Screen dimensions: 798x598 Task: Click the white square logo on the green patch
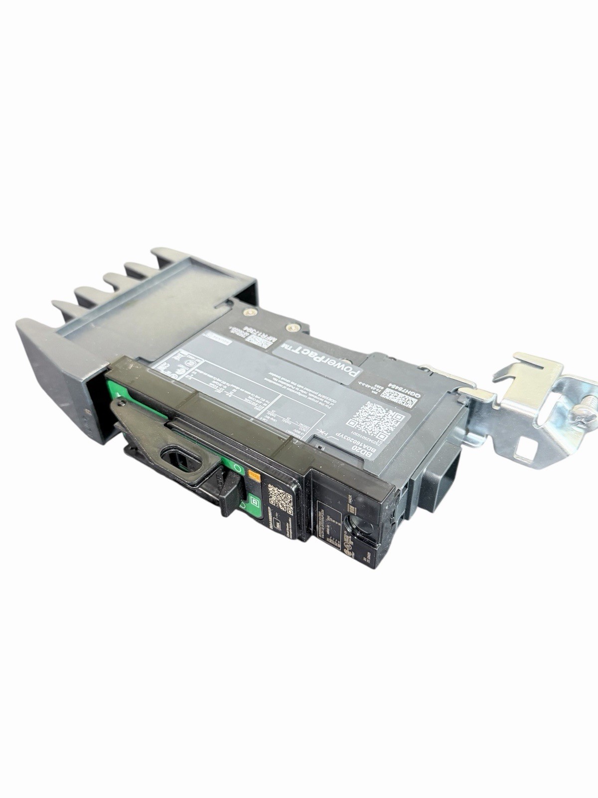click(255, 503)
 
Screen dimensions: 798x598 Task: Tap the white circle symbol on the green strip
click(238, 469)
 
